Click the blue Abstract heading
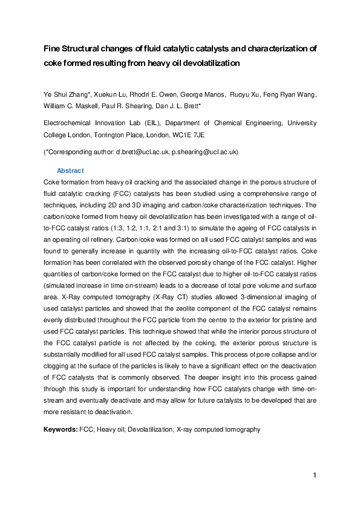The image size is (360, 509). click(70, 171)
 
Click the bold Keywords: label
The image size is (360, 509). click(61, 429)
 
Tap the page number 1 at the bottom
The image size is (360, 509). click(315, 475)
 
